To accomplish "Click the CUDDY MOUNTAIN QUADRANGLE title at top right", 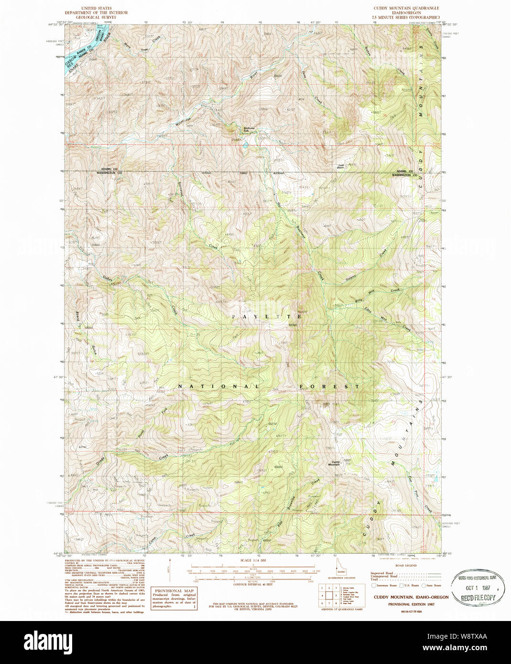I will click(406, 9).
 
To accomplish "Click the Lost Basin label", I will click(340, 166).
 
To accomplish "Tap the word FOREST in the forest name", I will click(330, 386).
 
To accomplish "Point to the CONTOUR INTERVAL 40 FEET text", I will click(253, 584).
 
